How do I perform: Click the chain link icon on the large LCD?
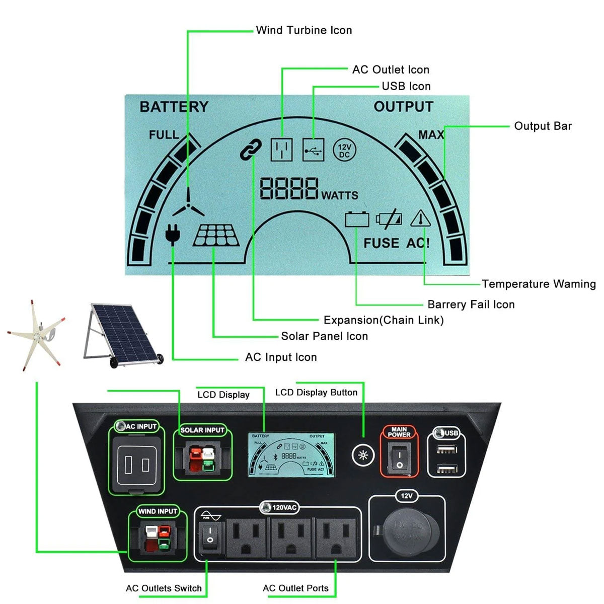[x=251, y=149]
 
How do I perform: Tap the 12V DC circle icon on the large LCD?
[x=344, y=150]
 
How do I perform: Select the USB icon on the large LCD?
[x=313, y=149]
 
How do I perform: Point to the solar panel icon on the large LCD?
[x=216, y=236]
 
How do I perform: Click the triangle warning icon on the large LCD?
[x=420, y=219]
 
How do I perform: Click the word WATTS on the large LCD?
[x=340, y=195]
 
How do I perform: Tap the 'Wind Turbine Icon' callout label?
[x=304, y=30]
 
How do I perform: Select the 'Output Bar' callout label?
[x=543, y=126]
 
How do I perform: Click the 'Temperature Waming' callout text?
[x=539, y=284]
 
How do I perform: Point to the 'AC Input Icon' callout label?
[x=281, y=357]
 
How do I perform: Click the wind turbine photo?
[x=36, y=335]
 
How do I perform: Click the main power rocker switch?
[x=399, y=459]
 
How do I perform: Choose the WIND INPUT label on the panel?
[x=158, y=511]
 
